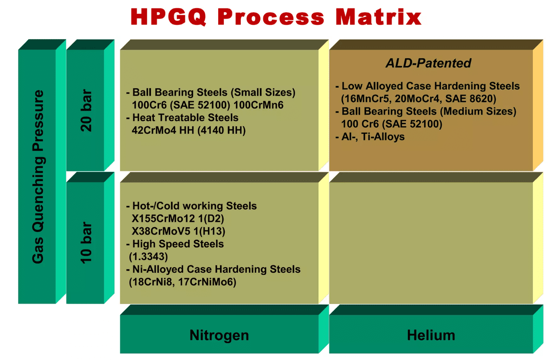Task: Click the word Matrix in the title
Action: click(378, 17)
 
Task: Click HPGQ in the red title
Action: click(168, 17)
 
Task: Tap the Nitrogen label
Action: click(219, 335)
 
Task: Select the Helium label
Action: click(431, 335)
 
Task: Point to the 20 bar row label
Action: click(86, 110)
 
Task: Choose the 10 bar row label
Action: click(86, 243)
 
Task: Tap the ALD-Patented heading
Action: click(428, 63)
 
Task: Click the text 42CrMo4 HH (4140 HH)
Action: click(189, 130)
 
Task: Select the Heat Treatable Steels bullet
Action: click(182, 117)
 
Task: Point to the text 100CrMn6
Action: click(258, 105)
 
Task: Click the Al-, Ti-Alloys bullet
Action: click(370, 137)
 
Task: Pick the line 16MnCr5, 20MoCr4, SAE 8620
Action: click(418, 99)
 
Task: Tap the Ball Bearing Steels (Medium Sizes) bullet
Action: click(426, 111)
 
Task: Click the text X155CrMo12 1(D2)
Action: click(178, 218)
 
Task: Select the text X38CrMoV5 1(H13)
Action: click(178, 231)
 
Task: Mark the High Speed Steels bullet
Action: click(175, 244)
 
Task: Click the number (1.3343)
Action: click(148, 257)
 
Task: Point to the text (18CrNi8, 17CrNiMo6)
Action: click(182, 282)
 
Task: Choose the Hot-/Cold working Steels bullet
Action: click(191, 206)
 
